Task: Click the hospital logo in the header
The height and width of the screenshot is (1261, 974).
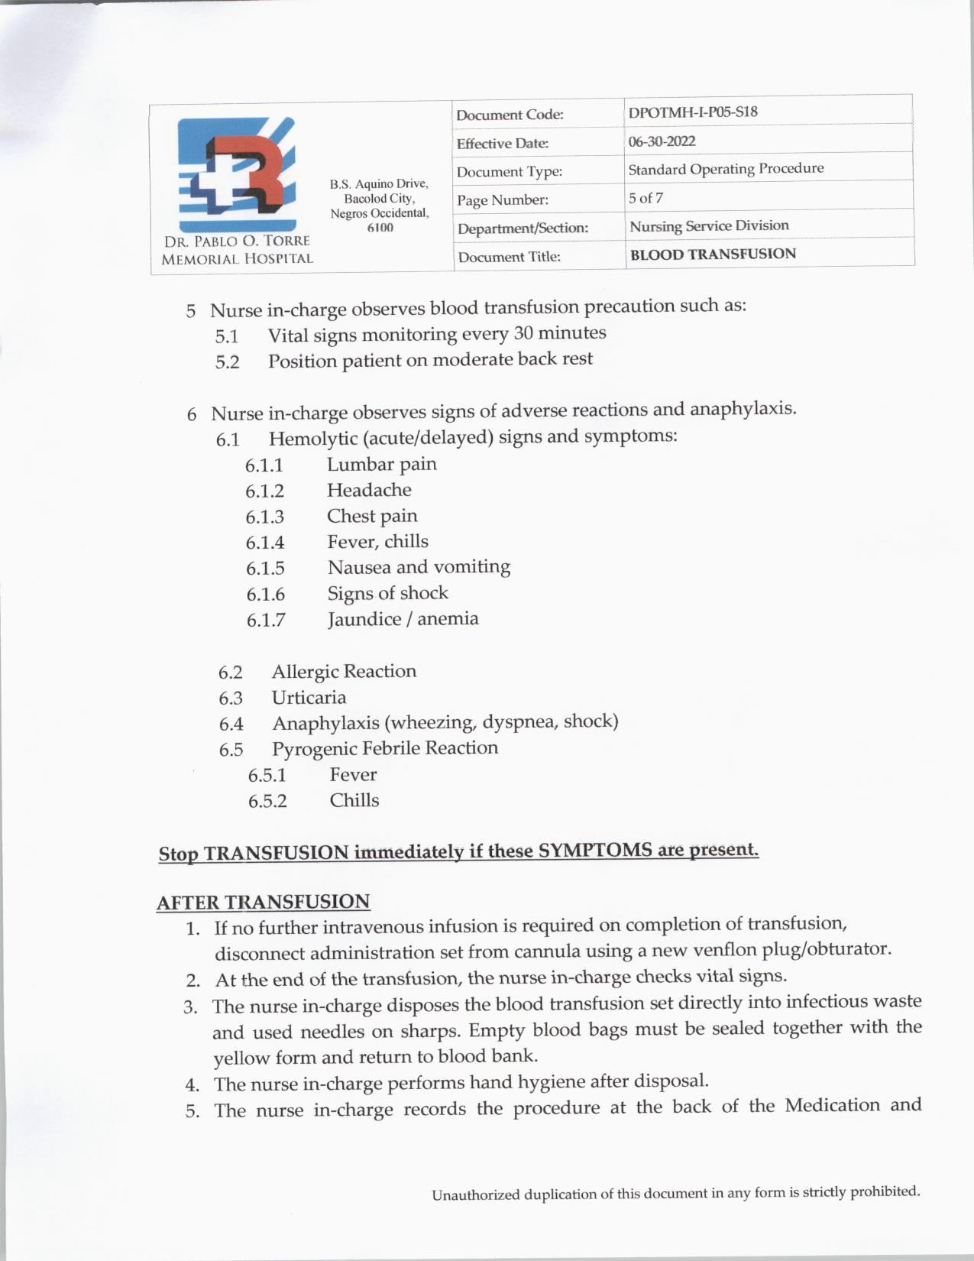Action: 235,176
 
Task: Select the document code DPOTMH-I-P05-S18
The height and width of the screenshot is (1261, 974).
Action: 693,112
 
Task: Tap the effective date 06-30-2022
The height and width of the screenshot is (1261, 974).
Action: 662,141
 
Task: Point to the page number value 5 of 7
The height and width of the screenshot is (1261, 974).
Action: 646,198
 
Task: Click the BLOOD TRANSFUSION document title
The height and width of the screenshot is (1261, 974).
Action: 713,254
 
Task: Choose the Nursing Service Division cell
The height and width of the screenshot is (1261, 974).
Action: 709,225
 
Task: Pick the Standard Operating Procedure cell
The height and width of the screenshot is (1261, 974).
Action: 726,168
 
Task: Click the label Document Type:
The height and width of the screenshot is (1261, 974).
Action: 509,172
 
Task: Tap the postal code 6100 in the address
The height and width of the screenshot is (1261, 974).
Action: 380,228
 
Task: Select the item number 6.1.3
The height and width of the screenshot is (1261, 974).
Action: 264,517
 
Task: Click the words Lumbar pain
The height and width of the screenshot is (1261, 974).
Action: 381,464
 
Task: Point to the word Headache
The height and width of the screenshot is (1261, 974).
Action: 369,490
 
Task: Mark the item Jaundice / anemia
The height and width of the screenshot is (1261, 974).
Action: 403,618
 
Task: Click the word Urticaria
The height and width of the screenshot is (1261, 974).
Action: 309,697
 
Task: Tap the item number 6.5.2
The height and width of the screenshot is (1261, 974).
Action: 267,801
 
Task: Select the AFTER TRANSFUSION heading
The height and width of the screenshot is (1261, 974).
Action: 263,902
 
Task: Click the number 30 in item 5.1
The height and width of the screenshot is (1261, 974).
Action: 523,333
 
